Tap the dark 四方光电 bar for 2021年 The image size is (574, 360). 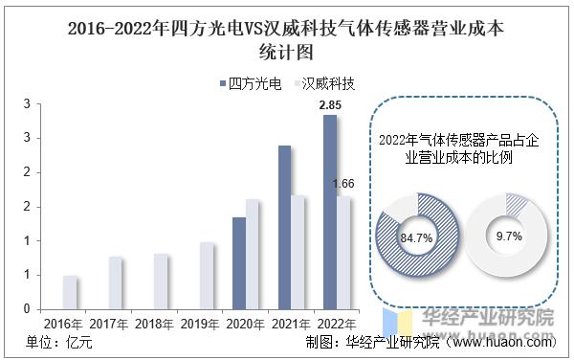click(284, 227)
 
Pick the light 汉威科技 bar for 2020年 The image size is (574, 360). click(253, 254)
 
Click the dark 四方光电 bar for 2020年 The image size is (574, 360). click(238, 263)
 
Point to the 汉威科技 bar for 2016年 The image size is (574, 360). click(70, 292)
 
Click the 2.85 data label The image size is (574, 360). click(329, 104)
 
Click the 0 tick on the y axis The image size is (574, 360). click(28, 309)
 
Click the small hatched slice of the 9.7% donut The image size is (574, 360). click(517, 203)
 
